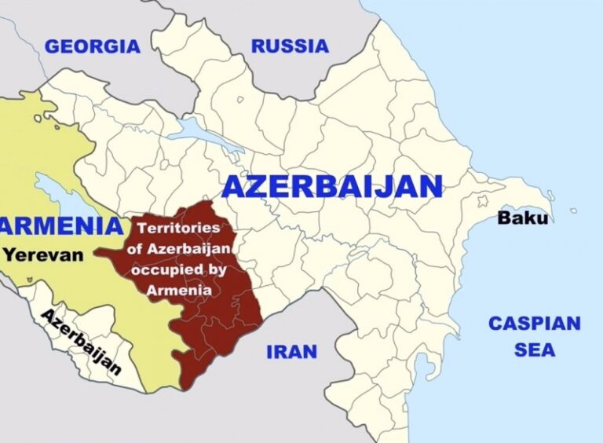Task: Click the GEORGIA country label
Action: (92, 46)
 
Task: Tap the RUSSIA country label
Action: (290, 46)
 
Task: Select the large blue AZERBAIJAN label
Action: (332, 187)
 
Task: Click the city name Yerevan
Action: (42, 254)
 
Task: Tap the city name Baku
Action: (523, 218)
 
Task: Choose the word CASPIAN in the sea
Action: (534, 324)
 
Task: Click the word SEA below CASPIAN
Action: (534, 350)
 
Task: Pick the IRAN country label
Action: (291, 351)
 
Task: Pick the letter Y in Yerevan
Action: (9, 254)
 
